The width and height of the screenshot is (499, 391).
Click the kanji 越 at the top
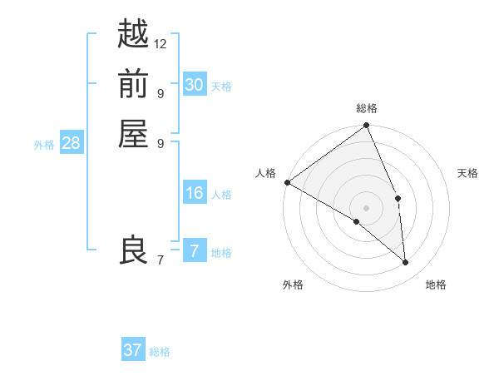[133, 34]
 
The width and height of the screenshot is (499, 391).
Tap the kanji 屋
[133, 134]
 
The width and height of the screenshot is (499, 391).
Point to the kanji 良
[133, 250]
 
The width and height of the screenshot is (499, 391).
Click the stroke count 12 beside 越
[161, 43]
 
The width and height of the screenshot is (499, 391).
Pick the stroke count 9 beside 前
[160, 93]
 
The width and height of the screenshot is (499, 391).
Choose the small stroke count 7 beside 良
[160, 260]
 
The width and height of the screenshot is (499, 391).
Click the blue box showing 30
[194, 85]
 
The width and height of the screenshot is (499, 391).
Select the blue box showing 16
[194, 194]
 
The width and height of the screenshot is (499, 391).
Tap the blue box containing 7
[194, 251]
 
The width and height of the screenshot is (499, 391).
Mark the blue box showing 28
[71, 143]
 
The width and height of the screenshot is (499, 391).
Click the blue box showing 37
[132, 350]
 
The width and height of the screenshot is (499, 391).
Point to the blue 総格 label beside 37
[161, 352]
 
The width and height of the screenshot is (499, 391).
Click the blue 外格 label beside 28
[44, 145]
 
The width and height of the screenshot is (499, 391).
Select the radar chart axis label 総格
[367, 108]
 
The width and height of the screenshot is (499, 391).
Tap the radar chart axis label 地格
[436, 285]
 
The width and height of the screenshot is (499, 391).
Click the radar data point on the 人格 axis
[287, 182]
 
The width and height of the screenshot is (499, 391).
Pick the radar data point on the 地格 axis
[406, 263]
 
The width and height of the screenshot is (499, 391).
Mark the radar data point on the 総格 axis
[367, 126]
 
